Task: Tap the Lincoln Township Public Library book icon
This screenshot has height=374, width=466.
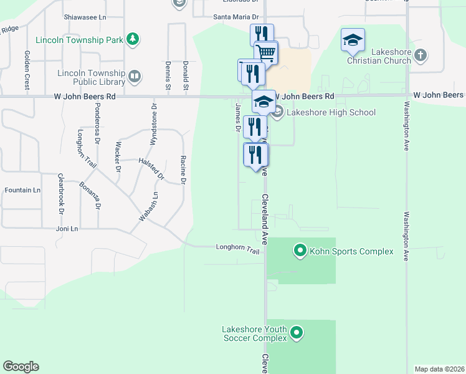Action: (134, 77)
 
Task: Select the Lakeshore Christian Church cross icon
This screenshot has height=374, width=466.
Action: (420, 55)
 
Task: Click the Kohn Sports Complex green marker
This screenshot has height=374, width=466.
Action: (300, 251)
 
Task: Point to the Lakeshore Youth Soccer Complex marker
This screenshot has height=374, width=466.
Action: (297, 333)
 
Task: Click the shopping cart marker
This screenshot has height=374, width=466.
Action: (266, 53)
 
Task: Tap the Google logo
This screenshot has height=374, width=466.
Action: (21, 367)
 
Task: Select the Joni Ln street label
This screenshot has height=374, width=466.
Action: (66, 229)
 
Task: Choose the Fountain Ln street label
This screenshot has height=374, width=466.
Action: (22, 189)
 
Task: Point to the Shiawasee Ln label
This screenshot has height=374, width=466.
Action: (86, 17)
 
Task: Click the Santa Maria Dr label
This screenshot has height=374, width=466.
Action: (236, 17)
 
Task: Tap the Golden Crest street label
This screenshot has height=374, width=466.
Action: (27, 70)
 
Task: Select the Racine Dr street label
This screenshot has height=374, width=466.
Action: (183, 170)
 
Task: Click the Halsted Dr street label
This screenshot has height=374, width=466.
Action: (151, 169)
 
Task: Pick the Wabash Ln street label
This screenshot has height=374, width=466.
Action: (149, 206)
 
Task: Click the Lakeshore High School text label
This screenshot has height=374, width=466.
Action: (331, 113)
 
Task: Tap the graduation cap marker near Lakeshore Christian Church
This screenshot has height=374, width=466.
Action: (353, 41)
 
